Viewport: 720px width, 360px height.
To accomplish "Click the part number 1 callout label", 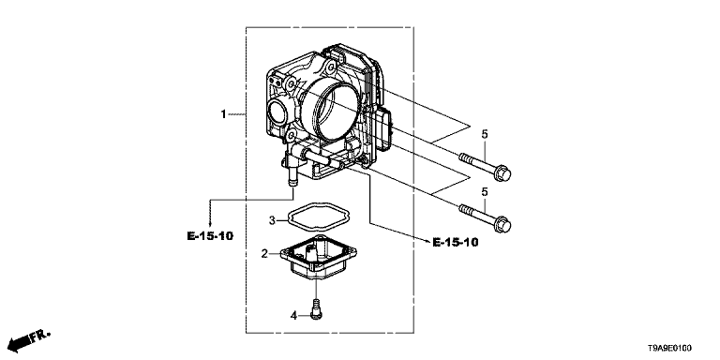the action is pyautogui.click(x=224, y=113).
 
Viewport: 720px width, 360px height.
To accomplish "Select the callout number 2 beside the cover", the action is pyautogui.click(x=264, y=253).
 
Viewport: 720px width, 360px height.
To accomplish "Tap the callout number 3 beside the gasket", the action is pyautogui.click(x=272, y=220).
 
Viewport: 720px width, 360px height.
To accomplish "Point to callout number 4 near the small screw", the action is pyautogui.click(x=293, y=315).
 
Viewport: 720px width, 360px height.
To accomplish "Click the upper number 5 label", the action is pyautogui.click(x=485, y=134).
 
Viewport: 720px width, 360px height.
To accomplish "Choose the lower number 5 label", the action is pyautogui.click(x=485, y=191).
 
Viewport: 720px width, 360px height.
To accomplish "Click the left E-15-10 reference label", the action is pyautogui.click(x=210, y=236).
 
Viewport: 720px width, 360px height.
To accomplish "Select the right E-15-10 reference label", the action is pyautogui.click(x=455, y=242).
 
